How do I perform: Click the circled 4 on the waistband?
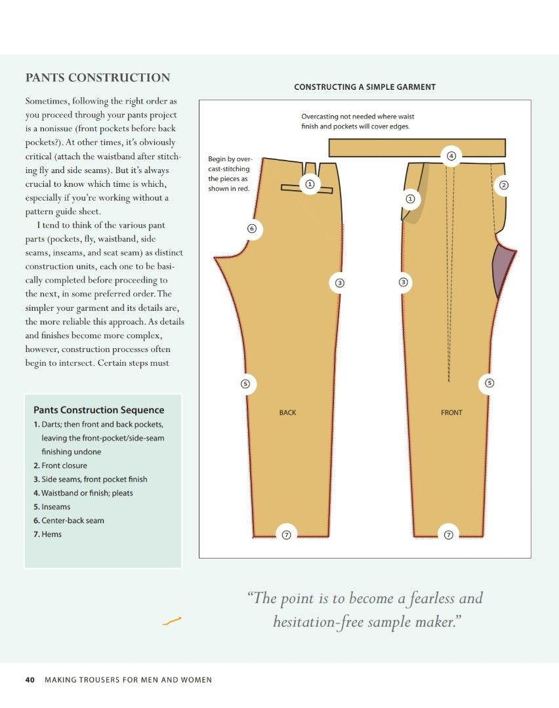click(x=451, y=156)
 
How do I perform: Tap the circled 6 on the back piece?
click(x=251, y=229)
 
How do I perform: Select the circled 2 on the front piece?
click(x=504, y=185)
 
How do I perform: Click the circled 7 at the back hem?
click(x=286, y=535)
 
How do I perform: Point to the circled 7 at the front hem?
click(x=449, y=535)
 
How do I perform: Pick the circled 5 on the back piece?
click(x=245, y=383)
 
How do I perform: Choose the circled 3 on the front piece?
click(x=404, y=283)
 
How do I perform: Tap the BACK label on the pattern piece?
click(x=287, y=412)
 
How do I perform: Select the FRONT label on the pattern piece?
click(x=451, y=412)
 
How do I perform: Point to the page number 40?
click(x=30, y=680)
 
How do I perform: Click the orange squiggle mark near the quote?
click(x=171, y=620)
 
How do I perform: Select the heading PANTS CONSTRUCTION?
click(x=98, y=78)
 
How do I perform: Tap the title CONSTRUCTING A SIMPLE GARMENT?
click(x=365, y=87)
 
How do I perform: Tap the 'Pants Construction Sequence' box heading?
click(x=98, y=410)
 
